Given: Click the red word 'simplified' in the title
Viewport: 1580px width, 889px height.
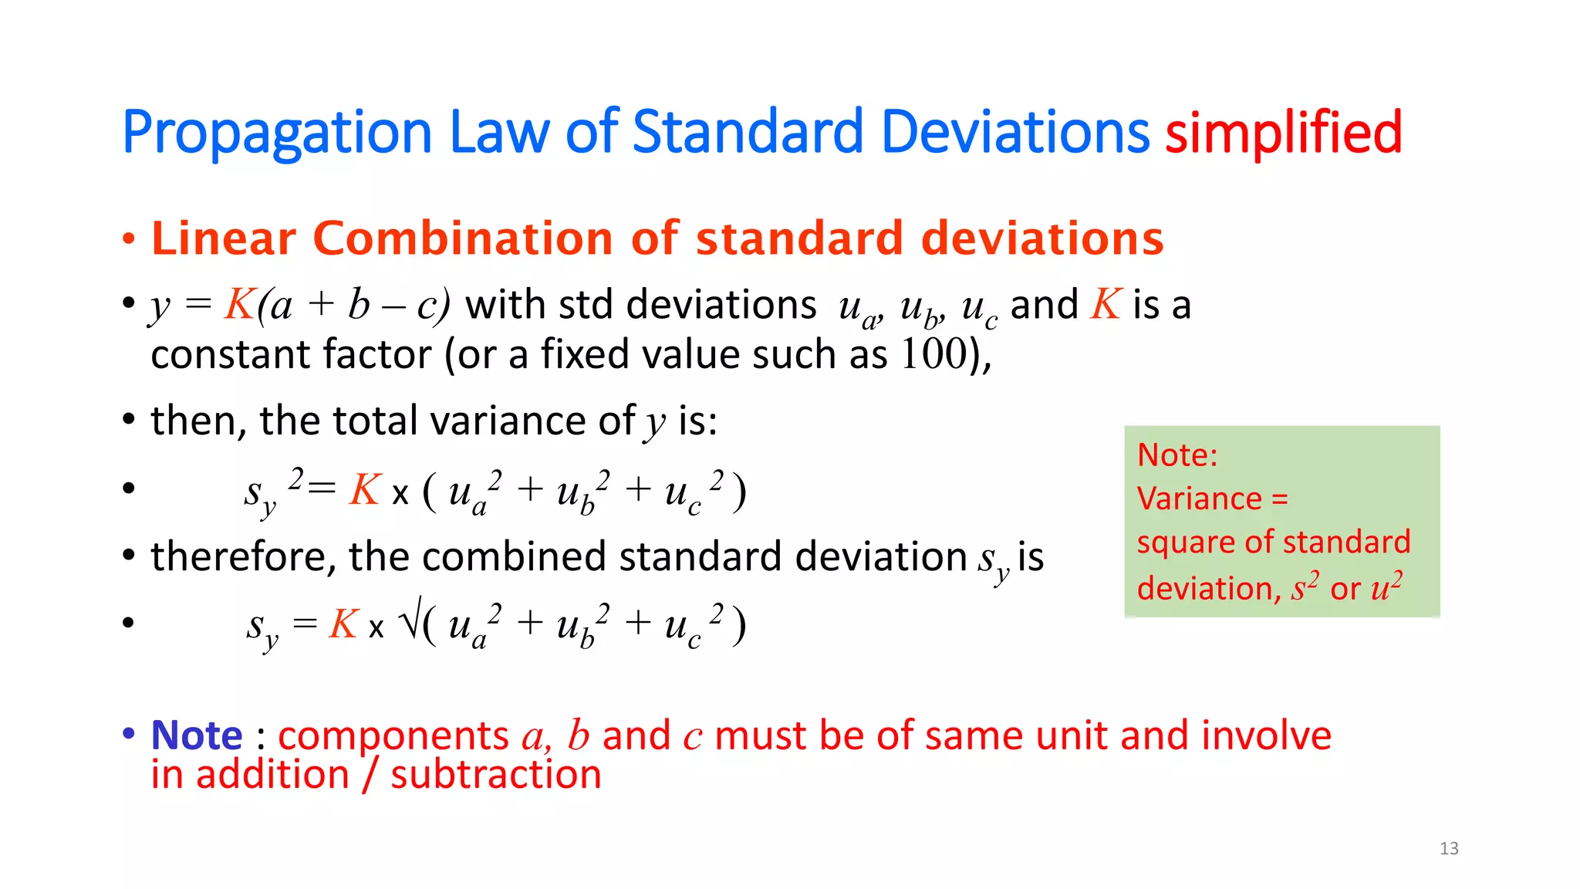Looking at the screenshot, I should point(1283,132).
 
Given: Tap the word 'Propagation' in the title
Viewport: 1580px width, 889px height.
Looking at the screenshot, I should point(276,134).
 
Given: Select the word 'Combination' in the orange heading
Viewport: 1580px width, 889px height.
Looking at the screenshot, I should point(461,238).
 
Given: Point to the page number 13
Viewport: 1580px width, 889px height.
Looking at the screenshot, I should point(1449,849).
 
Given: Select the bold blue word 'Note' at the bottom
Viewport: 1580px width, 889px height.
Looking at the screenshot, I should point(197,735).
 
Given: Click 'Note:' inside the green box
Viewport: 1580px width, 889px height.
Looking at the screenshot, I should point(1177,455).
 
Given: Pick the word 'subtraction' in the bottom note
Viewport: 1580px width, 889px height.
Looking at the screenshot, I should point(495,774).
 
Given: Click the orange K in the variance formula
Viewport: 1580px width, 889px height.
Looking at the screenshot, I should point(365,489).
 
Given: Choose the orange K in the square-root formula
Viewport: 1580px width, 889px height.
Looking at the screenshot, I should point(343,624).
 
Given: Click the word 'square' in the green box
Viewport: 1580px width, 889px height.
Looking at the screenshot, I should point(1181,543).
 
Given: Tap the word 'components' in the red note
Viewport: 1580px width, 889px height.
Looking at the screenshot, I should point(393,736).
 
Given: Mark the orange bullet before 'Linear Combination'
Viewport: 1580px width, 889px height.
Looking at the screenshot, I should point(128,239).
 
